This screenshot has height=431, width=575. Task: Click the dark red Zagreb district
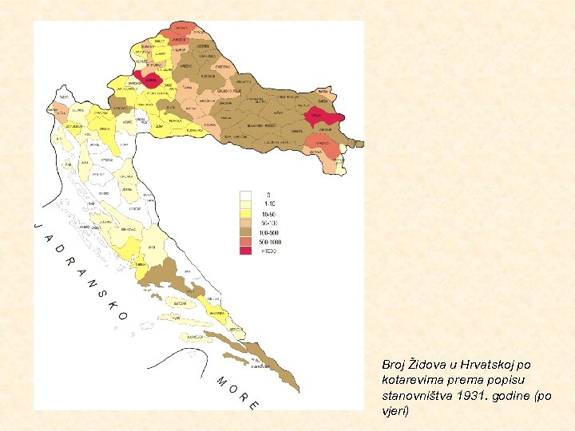pos(149,79)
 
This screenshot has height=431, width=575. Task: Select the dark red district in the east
pos(319,117)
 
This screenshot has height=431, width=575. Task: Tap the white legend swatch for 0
pos(246,195)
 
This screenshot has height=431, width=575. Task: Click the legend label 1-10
pos(268,204)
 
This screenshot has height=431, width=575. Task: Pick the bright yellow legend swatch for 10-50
pos(246,213)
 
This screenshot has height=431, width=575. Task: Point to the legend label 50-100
pos(268,223)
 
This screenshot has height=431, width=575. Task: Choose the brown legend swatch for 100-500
pos(246,232)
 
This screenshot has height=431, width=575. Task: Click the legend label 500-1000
pos(270,242)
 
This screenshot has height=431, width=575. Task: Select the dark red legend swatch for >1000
pos(246,251)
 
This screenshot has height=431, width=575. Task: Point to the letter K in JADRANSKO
pos(113,304)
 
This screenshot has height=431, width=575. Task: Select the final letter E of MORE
pos(253,404)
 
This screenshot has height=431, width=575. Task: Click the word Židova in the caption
pos(421,364)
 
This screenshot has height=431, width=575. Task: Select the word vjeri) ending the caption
pos(396,411)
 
